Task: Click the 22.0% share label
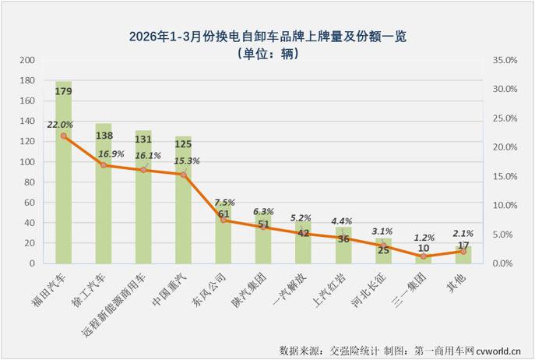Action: [x=60, y=124]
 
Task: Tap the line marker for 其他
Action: [x=463, y=251]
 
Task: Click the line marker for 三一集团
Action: [x=424, y=256]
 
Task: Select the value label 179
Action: [x=64, y=92]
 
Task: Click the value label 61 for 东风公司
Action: [x=224, y=214]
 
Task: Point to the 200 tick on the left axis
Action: [x=28, y=60]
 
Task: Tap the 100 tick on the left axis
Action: [x=28, y=162]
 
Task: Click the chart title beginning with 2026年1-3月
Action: [x=267, y=36]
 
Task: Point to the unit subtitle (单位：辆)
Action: [x=267, y=53]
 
